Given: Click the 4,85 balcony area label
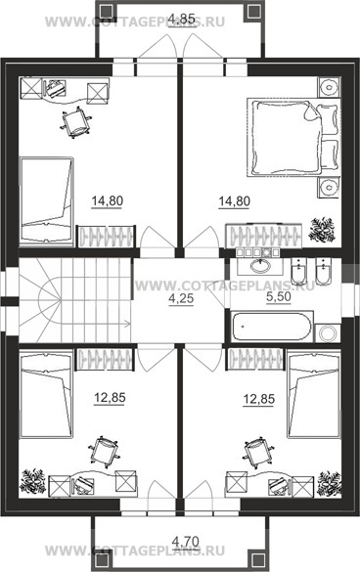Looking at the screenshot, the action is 183,19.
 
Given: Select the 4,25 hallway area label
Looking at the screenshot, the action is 181,299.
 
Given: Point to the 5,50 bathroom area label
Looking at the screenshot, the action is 279,297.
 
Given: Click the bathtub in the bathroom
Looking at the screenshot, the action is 272,326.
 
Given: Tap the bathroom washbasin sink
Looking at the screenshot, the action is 260,265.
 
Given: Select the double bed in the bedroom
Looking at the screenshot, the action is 293,137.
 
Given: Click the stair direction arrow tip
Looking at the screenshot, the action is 129,323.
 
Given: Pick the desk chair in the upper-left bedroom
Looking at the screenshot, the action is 76,122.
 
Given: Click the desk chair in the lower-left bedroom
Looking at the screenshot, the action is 104,452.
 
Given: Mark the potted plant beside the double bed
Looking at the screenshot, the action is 322,230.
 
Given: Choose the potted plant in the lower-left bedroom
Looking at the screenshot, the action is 33,481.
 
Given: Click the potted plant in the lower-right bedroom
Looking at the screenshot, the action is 330,484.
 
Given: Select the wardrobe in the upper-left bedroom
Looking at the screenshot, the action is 106,237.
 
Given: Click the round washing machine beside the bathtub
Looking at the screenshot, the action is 327,332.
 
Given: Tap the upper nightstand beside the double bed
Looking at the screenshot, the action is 329,87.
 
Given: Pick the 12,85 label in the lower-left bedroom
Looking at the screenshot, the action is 110,398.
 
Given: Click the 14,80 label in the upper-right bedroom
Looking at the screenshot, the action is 235,201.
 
